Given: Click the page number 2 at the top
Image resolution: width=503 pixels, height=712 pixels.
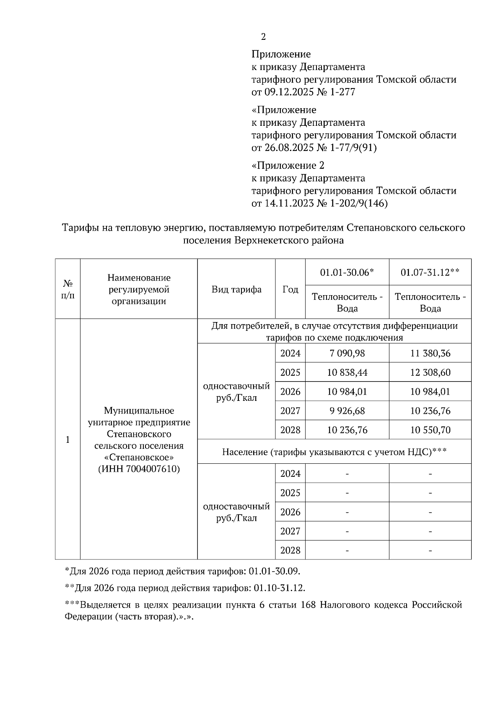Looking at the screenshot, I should click(x=263, y=37).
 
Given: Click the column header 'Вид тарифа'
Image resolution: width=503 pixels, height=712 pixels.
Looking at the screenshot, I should click(x=236, y=289).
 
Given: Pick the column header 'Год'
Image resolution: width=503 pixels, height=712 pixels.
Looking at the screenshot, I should click(x=290, y=289).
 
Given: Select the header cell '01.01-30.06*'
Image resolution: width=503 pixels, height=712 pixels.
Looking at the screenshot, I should click(x=347, y=273).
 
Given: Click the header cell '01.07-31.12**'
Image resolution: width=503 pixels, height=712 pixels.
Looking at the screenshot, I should click(x=430, y=273).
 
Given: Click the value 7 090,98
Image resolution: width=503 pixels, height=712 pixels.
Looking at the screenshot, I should click(x=347, y=353).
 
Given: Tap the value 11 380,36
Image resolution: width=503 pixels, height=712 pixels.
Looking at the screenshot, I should click(x=430, y=353).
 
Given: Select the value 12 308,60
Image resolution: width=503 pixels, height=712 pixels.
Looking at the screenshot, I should click(x=430, y=373).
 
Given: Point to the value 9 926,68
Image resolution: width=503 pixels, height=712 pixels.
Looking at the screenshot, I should click(x=347, y=411).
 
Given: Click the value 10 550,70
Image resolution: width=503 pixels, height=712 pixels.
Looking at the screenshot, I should click(x=430, y=430).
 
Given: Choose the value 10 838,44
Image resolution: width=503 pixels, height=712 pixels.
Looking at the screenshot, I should click(x=347, y=373).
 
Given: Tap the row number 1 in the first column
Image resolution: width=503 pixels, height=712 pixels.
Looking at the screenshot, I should click(x=67, y=439).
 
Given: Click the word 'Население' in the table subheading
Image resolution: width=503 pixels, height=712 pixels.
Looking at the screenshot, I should click(x=244, y=452).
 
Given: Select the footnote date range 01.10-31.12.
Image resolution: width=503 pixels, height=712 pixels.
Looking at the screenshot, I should click(x=279, y=588).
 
